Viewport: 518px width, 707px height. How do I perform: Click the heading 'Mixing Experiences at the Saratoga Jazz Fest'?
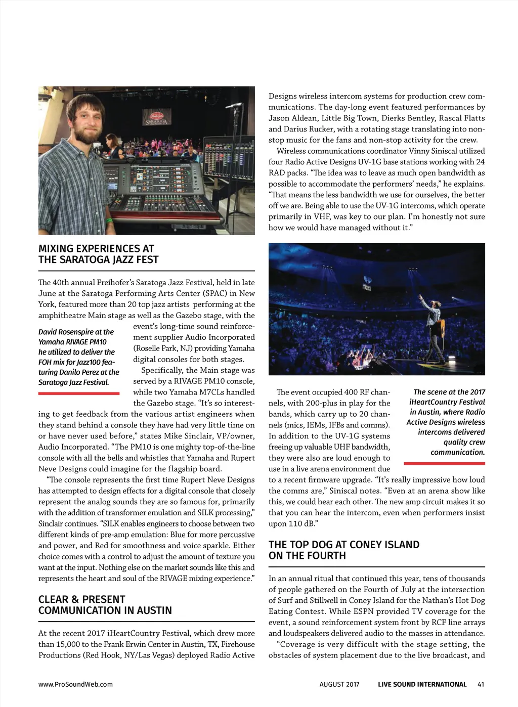point(98,254)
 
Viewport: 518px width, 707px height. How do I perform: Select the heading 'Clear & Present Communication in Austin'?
point(105,605)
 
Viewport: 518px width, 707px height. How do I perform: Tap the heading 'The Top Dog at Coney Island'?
point(343,550)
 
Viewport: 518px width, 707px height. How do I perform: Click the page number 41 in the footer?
point(481,684)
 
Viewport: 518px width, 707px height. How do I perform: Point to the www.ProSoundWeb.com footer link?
point(75,684)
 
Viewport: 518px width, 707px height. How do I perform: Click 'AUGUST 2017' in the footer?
point(339,684)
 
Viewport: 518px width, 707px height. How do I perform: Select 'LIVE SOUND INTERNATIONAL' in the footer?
point(422,684)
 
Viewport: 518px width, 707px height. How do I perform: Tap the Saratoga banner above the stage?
point(156,117)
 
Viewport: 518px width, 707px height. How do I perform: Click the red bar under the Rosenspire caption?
point(78,393)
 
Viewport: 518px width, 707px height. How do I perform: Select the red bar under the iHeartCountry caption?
point(444,463)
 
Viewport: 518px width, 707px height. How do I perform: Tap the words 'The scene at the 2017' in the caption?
point(449,392)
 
